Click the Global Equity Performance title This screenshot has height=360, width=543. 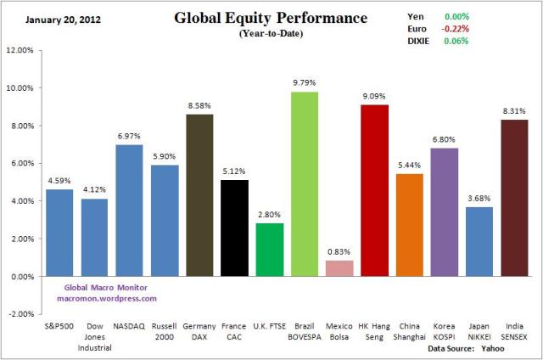tap(271, 18)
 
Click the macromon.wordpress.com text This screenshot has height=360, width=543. tap(107, 299)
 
